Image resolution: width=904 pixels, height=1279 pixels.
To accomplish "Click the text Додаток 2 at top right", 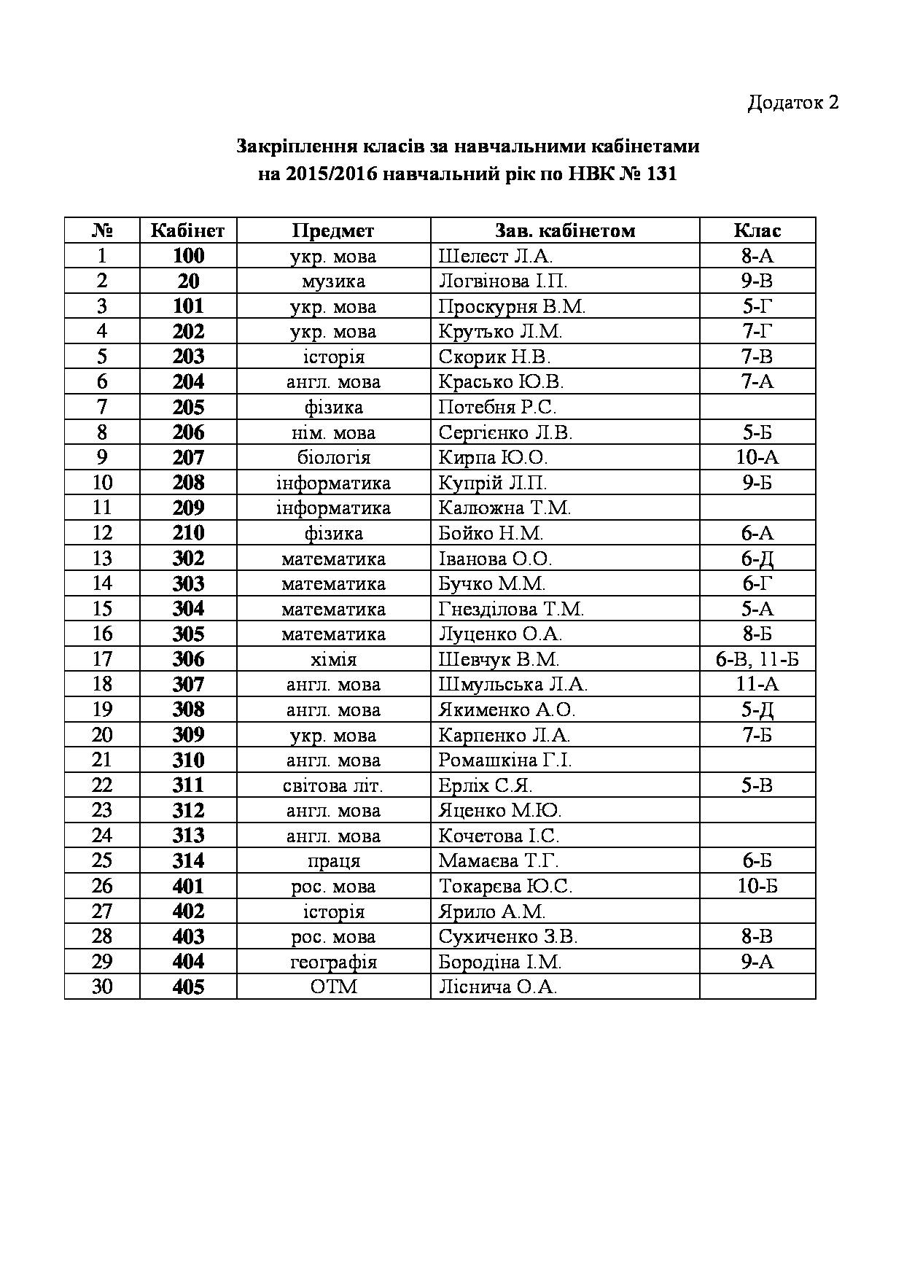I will pos(792,102).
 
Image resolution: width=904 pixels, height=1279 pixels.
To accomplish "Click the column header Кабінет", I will pos(187,230).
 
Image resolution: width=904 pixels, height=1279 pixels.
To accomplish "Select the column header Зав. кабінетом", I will pos(565,230).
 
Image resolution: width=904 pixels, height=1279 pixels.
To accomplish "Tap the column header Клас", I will pos(757,230).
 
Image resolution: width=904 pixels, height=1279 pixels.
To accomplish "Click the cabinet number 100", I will pos(188,256).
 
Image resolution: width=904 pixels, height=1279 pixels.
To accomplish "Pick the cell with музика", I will pos(333,281).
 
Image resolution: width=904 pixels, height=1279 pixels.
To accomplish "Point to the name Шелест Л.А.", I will pos(496,256).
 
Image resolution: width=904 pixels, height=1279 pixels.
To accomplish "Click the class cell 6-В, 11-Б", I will pos(757,659).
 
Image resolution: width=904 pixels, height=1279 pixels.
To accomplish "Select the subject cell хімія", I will pos(333,659).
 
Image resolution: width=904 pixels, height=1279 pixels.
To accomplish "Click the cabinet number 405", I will pos(188,987).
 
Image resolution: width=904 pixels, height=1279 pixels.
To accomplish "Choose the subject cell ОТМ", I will pos(333,987).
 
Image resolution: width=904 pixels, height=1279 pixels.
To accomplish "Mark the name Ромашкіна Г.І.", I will pos(504,760).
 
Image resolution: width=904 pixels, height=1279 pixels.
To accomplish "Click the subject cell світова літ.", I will pos(333,785).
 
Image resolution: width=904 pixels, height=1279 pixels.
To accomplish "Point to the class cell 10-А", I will pos(757,457).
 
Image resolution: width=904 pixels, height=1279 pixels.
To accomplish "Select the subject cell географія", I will pos(333,962).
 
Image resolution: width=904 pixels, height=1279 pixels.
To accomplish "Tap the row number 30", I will pos(102,987).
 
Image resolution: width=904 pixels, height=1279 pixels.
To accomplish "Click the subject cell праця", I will pos(333,861).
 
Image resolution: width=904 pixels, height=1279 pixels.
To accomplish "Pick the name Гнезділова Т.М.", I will pos(511,609).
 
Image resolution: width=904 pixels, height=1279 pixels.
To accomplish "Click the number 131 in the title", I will pos(661,174).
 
